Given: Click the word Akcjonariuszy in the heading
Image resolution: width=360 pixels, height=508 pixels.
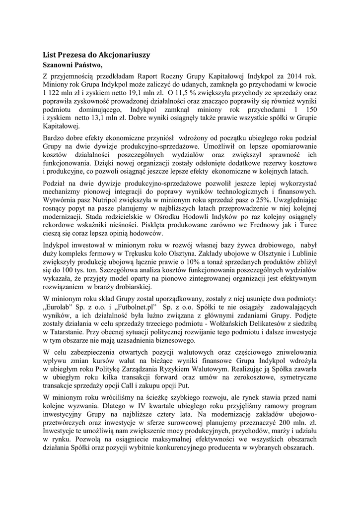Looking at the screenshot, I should [x=120, y=55].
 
